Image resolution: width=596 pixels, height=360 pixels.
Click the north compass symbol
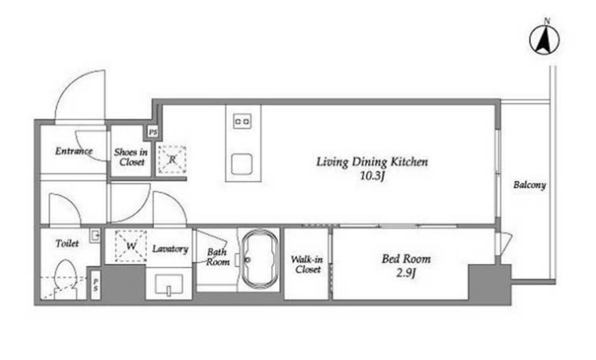pos(544,39)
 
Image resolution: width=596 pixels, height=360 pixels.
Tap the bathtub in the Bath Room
pos(261,260)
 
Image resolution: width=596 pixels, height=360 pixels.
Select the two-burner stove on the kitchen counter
pos(242,122)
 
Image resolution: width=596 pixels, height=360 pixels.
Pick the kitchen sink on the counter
pos(242,165)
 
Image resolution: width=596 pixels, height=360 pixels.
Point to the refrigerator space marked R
pos(172,160)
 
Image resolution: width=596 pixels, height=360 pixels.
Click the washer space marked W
pos(131,246)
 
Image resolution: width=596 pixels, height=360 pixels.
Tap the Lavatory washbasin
pos(168,285)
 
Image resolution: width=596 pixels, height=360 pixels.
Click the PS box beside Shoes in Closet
pos(153,132)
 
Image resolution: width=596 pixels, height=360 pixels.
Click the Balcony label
pos(529,185)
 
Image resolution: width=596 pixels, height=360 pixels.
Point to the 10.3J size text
pos(373,176)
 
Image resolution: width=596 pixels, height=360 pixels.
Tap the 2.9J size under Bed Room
pos(406,273)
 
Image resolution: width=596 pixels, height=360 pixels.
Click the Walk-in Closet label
pos(307,265)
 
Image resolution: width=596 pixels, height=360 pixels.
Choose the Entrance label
pos(74,151)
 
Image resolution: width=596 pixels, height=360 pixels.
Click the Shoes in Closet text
pos(131,157)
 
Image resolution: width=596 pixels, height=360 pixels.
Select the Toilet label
pos(68,243)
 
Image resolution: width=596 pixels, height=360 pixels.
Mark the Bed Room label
pos(406,259)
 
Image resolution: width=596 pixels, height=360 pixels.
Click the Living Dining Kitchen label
pos(372,162)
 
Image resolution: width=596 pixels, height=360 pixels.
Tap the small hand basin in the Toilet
pos(95,236)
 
